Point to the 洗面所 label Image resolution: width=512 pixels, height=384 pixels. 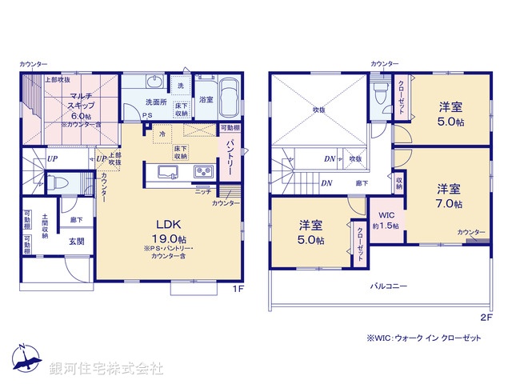coord(154,102)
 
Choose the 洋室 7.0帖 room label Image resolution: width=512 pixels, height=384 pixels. coord(448,196)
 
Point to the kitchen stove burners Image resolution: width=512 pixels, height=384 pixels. coord(200,170)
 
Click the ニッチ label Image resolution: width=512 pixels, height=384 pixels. coord(202,192)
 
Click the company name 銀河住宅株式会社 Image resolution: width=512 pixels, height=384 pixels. coord(106,368)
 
